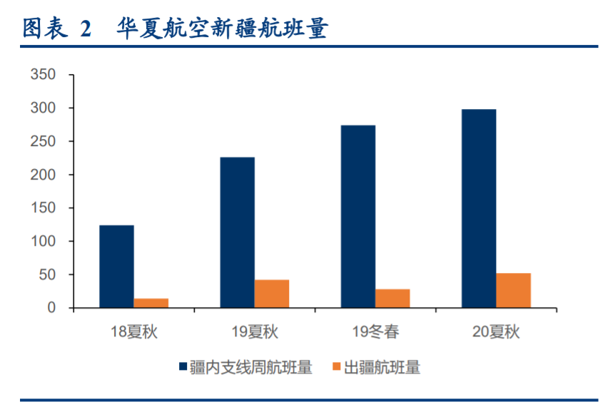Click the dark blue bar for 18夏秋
[x=116, y=267]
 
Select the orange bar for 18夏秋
[x=151, y=303]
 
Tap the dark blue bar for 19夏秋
[x=237, y=232]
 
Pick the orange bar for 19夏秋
[x=272, y=294]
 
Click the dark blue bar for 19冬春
[x=358, y=217]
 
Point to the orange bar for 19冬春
[x=392, y=298]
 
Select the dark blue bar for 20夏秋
[x=479, y=208]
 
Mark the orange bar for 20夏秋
[x=513, y=290]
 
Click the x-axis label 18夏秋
[x=133, y=331]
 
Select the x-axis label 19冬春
[x=375, y=331]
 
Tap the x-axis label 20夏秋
[x=496, y=331]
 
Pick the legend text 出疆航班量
[x=382, y=368]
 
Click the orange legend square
[x=338, y=368]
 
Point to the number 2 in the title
[x=86, y=29]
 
